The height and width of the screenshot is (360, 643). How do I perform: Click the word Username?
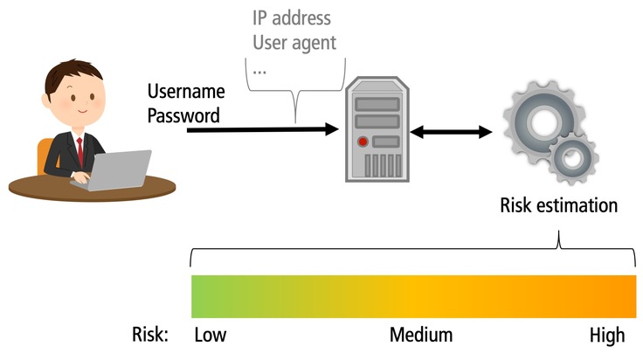[186, 92]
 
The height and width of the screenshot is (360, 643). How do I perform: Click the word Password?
[184, 114]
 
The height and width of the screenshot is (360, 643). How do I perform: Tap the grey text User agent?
[294, 41]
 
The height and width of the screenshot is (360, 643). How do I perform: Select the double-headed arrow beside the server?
[452, 132]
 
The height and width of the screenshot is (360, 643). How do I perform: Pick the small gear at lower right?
[574, 157]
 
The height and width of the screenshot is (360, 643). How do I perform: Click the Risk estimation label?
[559, 206]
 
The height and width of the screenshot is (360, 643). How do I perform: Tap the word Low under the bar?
[211, 335]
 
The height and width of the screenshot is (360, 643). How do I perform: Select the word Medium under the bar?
[421, 335]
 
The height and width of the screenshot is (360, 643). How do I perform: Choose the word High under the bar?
[607, 335]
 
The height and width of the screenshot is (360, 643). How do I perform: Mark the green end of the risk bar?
[203, 295]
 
